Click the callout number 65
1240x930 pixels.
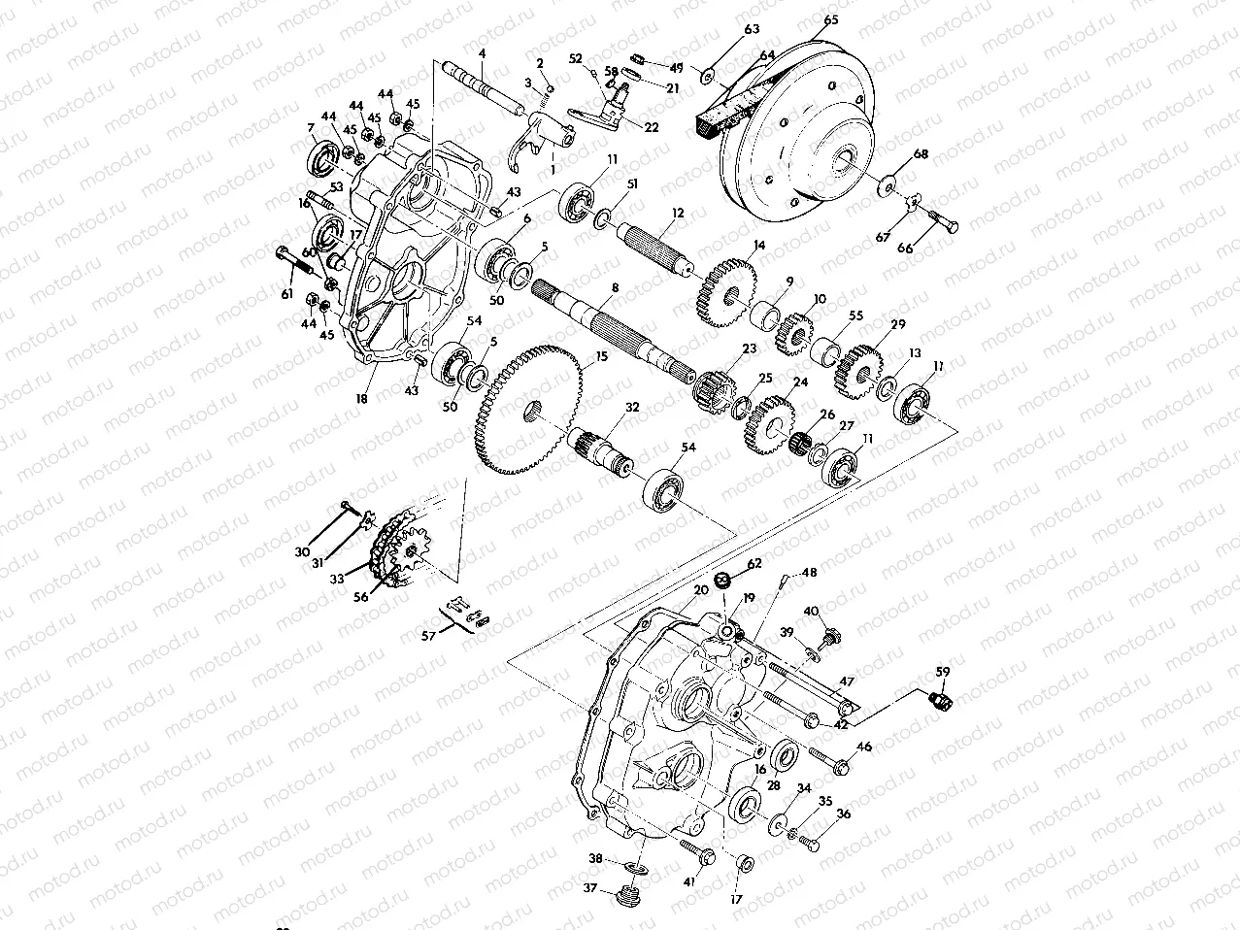[x=831, y=19]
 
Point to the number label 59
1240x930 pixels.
[x=943, y=671]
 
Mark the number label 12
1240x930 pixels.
[x=677, y=212]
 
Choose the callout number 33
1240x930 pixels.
[x=337, y=579]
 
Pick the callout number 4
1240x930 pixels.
[x=483, y=51]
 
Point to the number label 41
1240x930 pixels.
[x=688, y=882]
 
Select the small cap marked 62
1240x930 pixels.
[x=723, y=581]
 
